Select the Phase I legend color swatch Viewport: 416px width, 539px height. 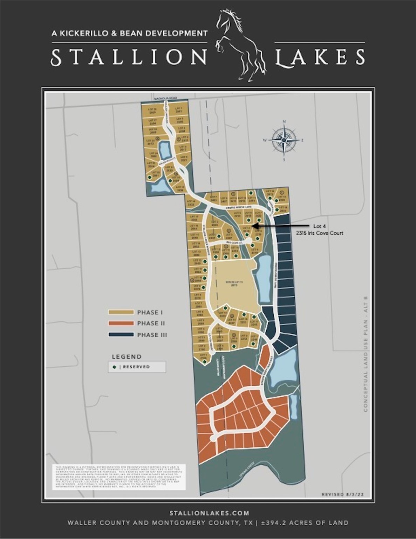(x=121, y=312)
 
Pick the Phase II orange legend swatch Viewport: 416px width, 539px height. (x=121, y=323)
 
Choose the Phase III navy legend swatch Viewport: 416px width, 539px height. (x=121, y=335)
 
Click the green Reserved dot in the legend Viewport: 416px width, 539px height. (x=115, y=367)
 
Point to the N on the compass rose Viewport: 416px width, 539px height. (x=284, y=122)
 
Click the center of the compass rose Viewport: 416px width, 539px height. (x=284, y=140)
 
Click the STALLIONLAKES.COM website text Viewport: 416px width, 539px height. (x=209, y=513)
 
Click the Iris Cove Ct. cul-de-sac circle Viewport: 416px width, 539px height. (x=249, y=240)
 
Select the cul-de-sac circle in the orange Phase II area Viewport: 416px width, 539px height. (x=213, y=438)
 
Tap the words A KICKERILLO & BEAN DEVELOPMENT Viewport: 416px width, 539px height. (x=129, y=33)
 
